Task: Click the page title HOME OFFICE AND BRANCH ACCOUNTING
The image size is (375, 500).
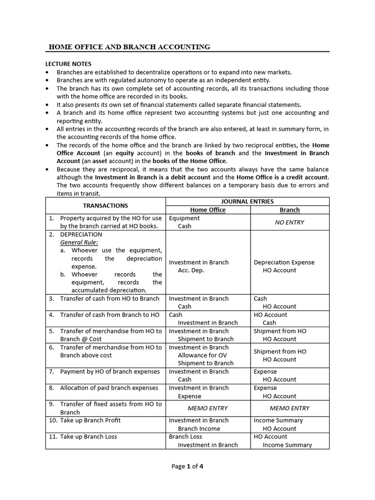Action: (129, 47)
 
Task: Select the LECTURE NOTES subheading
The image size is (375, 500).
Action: (68, 64)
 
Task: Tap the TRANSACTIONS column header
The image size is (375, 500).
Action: (105, 206)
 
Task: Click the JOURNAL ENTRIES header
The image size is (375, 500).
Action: (248, 201)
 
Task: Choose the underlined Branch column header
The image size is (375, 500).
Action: (290, 210)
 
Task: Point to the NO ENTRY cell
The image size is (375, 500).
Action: (290, 222)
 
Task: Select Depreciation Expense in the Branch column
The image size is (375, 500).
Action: (284, 262)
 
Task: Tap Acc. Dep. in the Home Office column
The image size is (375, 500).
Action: (191, 270)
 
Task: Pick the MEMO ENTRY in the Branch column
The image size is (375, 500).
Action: (290, 408)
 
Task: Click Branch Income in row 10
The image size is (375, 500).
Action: (199, 429)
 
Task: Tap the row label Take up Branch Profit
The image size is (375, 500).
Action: (90, 420)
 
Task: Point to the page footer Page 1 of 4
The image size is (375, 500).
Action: (187, 466)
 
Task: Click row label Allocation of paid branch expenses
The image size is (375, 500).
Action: (109, 388)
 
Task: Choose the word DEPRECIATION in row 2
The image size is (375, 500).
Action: (81, 234)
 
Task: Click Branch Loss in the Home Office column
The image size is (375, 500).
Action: (185, 437)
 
